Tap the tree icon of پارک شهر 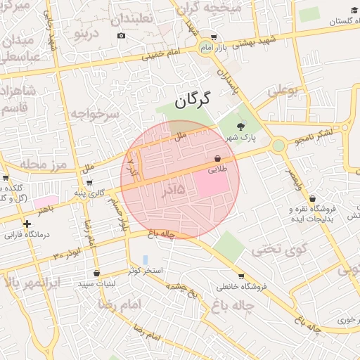coord(242,127)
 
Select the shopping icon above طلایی coord(217,159)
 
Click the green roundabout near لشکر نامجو coord(278,146)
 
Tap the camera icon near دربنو coord(122,36)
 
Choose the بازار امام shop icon coord(214,37)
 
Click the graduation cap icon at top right coord(354,11)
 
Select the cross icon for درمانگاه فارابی coord(27,224)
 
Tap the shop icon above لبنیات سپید coord(96,274)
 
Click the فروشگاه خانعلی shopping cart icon coord(241,276)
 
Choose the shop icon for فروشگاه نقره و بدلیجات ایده coord(312,199)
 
